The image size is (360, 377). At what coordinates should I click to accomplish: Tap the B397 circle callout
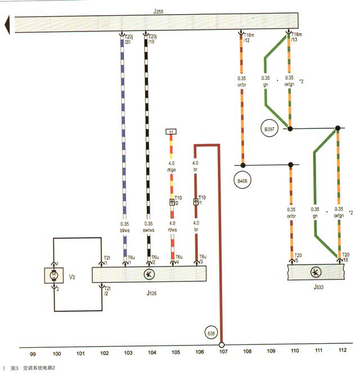pyautogui.click(x=271, y=128)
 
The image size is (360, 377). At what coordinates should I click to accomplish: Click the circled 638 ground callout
pyautogui.click(x=211, y=333)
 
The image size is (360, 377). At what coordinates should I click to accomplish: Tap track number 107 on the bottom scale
pyautogui.click(x=223, y=353)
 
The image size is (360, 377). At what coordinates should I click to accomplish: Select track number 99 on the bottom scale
pyautogui.click(x=33, y=353)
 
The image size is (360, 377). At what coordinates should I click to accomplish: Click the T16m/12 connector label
pyautogui.click(x=247, y=37)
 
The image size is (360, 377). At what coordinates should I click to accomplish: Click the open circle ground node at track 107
pyautogui.click(x=222, y=345)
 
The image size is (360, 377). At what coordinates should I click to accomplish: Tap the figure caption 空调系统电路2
pyautogui.click(x=39, y=369)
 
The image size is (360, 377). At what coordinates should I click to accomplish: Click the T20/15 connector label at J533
pyautogui.click(x=345, y=257)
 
